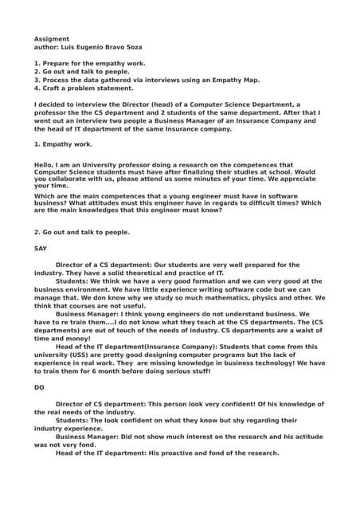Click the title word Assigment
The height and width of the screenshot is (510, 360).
tap(52, 39)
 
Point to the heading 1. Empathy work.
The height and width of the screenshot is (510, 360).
tap(64, 144)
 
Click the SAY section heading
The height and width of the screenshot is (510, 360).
tap(41, 248)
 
